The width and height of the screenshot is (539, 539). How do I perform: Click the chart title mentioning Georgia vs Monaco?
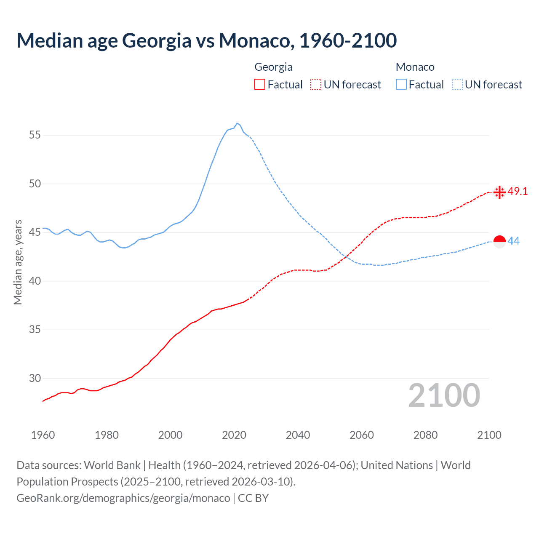206,40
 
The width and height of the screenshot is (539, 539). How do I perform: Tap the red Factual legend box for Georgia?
260,85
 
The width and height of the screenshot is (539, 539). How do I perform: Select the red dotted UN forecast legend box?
316,85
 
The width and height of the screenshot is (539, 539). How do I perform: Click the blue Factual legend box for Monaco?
401,85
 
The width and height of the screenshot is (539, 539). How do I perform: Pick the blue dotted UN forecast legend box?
457,85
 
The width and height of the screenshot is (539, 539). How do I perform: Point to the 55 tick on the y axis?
35,135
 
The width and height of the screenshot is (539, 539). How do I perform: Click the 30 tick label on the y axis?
35,378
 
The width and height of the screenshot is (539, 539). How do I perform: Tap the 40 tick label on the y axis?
35,281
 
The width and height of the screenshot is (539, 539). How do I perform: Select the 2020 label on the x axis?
234,435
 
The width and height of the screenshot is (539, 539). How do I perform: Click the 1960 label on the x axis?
43,435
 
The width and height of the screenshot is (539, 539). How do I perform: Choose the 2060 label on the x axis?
362,435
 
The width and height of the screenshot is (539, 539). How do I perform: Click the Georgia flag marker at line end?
499,192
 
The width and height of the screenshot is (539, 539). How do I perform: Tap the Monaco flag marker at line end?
499,242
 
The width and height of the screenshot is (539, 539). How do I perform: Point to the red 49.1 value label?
518,191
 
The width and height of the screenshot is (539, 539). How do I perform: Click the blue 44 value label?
514,241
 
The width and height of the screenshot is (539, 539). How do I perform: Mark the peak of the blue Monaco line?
237,123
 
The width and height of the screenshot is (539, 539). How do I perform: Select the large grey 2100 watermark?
444,395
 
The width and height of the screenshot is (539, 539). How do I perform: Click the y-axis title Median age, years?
18,262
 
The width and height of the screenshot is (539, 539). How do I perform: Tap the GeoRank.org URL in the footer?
123,498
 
